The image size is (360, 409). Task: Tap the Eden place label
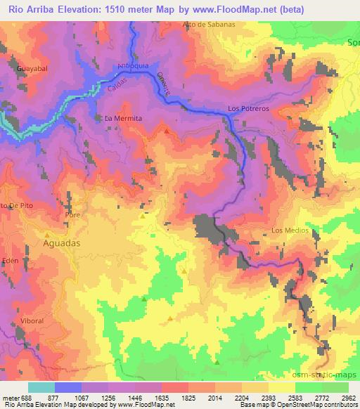(10, 260)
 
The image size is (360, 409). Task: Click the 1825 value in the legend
(188, 398)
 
